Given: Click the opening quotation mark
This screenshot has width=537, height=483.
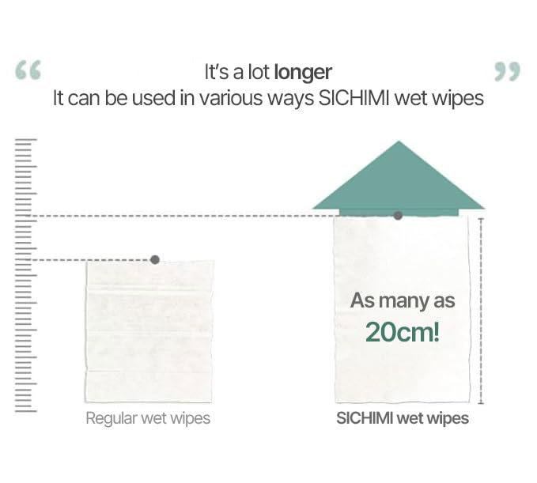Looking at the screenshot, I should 29,72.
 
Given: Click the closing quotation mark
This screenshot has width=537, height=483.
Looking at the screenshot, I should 507,72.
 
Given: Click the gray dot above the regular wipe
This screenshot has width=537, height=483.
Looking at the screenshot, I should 155,259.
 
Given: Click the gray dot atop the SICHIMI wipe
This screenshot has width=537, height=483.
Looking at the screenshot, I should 398,215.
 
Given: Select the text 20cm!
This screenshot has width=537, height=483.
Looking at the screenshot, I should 402,331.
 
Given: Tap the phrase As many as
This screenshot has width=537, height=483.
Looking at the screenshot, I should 403,301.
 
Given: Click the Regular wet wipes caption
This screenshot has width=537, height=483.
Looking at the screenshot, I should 148,418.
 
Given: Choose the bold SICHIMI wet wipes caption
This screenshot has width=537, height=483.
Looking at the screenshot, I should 402,418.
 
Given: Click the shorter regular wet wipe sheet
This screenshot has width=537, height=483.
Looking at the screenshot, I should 149,332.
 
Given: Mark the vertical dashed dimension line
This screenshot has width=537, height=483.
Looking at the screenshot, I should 480,308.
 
